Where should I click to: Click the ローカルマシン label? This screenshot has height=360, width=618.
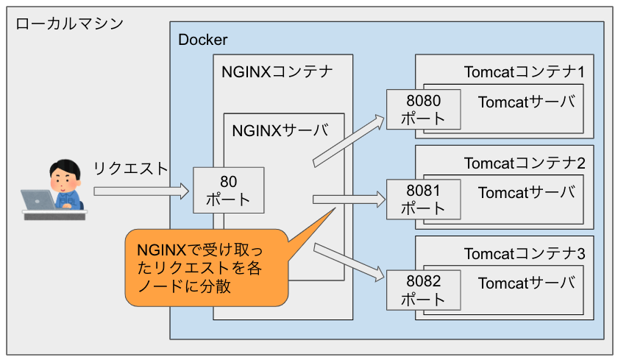point(69,24)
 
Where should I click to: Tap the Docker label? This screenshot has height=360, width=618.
point(203,40)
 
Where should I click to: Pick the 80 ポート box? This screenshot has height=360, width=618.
point(227,190)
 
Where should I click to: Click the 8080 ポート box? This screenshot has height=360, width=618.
point(423,109)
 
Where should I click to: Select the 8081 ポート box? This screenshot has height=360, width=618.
point(423,200)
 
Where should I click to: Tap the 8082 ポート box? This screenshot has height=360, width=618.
point(423,290)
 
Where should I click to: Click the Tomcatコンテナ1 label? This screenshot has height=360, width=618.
point(524,72)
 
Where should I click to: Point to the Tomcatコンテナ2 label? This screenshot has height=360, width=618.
point(524,163)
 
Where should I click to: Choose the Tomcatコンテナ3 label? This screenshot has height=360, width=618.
point(524,254)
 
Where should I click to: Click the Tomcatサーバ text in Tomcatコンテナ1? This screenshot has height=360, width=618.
point(525,102)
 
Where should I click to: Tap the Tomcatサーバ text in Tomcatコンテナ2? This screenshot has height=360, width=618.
point(525,193)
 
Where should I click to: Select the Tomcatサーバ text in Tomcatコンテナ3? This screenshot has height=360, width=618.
point(525,283)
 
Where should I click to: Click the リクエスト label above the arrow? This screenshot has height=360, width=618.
point(130,168)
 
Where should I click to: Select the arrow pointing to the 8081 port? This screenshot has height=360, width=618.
point(349,198)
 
